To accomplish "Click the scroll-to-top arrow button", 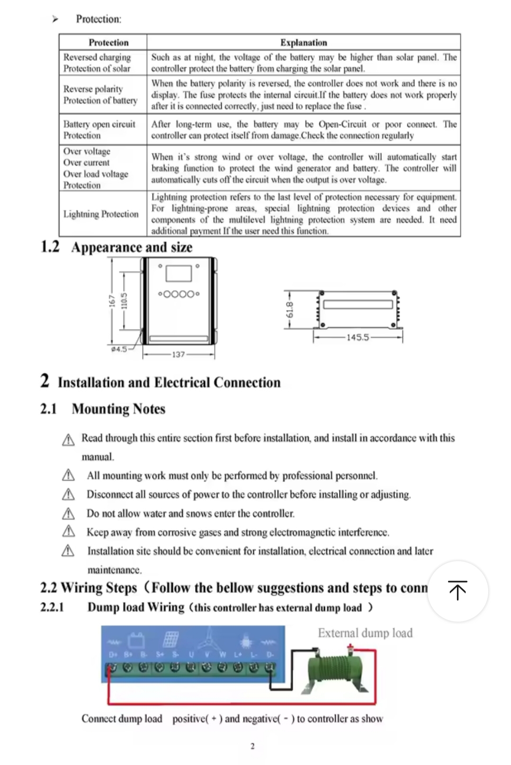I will pyautogui.click(x=457, y=591).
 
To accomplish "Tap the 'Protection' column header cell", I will pyautogui.click(x=108, y=43).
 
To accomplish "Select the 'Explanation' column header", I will pyautogui.click(x=304, y=43).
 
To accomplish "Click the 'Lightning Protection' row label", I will pyautogui.click(x=101, y=214).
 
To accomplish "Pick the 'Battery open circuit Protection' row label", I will pyautogui.click(x=99, y=130).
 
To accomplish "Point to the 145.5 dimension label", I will pyautogui.click(x=358, y=338).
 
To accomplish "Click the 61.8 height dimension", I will pyautogui.click(x=290, y=310).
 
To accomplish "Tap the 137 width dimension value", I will pyautogui.click(x=178, y=354).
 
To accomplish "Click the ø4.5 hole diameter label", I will pyautogui.click(x=118, y=349).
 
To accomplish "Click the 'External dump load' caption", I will pyautogui.click(x=365, y=633).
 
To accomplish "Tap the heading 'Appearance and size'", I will pyautogui.click(x=132, y=247).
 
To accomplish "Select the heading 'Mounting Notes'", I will pyautogui.click(x=118, y=409).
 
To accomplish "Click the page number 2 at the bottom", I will pyautogui.click(x=252, y=747).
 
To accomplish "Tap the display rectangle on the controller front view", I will pyautogui.click(x=178, y=273).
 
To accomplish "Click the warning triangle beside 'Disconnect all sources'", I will pyautogui.click(x=69, y=494).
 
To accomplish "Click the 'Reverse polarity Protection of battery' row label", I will pyautogui.click(x=100, y=95).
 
